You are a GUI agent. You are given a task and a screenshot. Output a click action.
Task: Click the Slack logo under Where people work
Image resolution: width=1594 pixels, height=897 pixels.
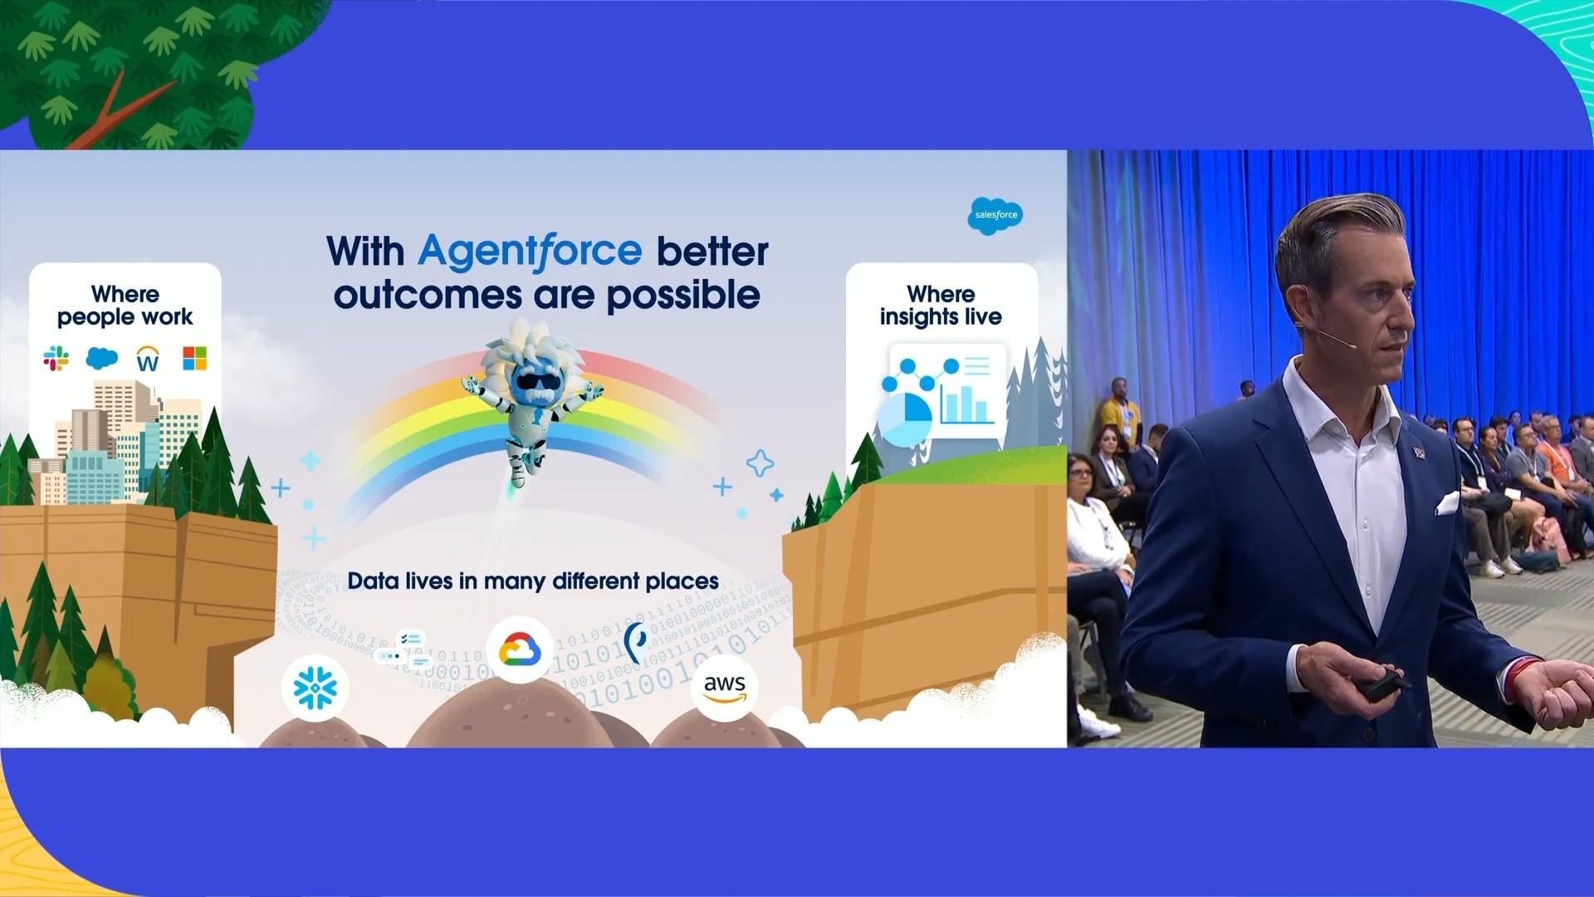click(56, 359)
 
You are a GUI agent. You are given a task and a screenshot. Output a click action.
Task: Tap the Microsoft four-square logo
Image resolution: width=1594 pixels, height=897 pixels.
click(194, 359)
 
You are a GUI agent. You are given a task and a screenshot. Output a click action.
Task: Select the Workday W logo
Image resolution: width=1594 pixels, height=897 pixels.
click(148, 359)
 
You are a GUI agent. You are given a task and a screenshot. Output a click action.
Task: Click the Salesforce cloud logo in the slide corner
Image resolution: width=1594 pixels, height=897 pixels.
click(995, 216)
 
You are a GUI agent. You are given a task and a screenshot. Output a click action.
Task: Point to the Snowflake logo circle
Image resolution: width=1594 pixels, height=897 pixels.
click(315, 688)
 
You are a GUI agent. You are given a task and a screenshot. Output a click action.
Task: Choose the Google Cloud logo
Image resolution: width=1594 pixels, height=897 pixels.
click(520, 649)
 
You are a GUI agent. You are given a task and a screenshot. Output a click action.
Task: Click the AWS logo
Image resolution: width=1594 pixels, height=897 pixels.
click(725, 688)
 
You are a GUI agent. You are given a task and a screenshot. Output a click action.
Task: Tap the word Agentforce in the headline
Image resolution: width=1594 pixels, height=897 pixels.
click(530, 250)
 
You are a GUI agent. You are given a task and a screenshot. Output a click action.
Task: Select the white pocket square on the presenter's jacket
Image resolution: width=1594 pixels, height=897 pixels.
click(1447, 502)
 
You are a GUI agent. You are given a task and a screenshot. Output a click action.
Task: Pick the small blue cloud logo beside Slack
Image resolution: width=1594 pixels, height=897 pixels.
click(101, 358)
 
